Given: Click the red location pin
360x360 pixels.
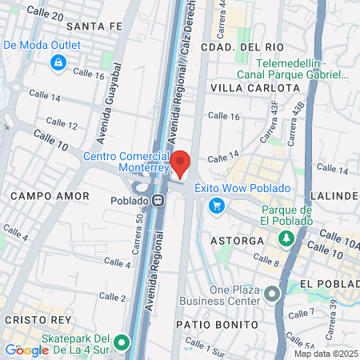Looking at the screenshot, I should pyautogui.click(x=181, y=163).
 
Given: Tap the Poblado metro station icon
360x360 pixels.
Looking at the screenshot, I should pyautogui.click(x=159, y=200).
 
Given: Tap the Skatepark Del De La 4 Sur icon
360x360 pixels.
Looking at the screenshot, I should pyautogui.click(x=122, y=342).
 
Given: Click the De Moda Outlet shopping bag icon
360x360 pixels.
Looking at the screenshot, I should pyautogui.click(x=58, y=63).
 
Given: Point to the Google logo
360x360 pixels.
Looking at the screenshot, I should pyautogui.click(x=26, y=350).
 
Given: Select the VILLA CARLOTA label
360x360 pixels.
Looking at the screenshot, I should pyautogui.click(x=244, y=86).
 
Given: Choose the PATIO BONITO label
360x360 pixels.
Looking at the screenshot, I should pyautogui.click(x=218, y=325).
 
